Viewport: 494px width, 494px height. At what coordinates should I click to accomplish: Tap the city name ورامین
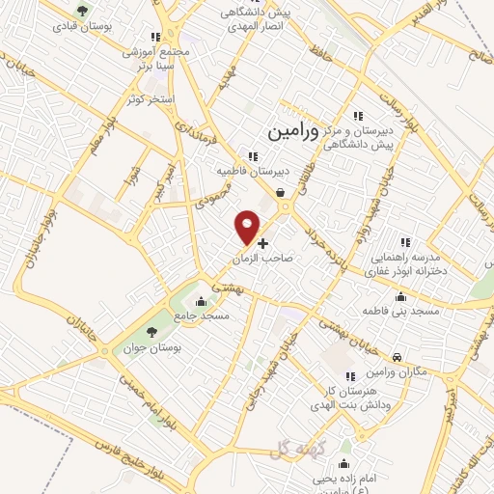(x=287, y=126)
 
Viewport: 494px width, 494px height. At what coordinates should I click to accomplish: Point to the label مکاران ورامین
(x=395, y=373)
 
